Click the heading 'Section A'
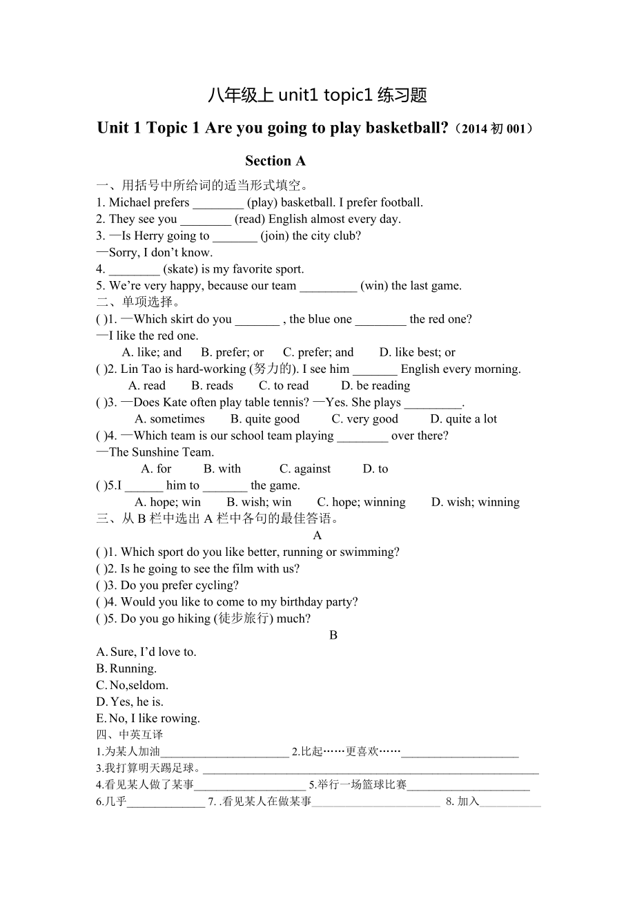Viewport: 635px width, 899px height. tap(275, 161)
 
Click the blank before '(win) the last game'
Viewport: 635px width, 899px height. tap(329, 286)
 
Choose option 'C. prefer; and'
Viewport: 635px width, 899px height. tap(318, 352)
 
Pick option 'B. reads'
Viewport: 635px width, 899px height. tap(212, 386)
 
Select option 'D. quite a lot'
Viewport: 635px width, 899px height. tap(463, 419)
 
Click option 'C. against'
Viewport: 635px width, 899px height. tap(305, 469)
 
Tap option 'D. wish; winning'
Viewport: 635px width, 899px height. tap(475, 503)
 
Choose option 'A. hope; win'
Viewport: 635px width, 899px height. tap(168, 503)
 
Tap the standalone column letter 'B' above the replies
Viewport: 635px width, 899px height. tap(333, 635)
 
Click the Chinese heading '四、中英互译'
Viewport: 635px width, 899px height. tap(130, 735)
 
